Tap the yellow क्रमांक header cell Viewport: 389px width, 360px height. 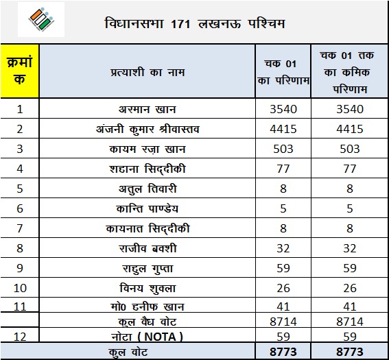click(20, 71)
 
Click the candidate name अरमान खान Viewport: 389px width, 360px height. click(148, 109)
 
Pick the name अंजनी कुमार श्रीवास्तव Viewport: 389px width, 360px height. click(148, 129)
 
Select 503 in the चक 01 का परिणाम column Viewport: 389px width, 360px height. click(283, 149)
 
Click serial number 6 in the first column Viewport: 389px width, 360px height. click(20, 208)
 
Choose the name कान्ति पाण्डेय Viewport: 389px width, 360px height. click(148, 208)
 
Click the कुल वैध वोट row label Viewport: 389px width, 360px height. click(148, 320)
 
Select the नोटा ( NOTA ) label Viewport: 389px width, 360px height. click(148, 336)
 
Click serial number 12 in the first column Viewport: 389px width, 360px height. click(20, 336)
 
